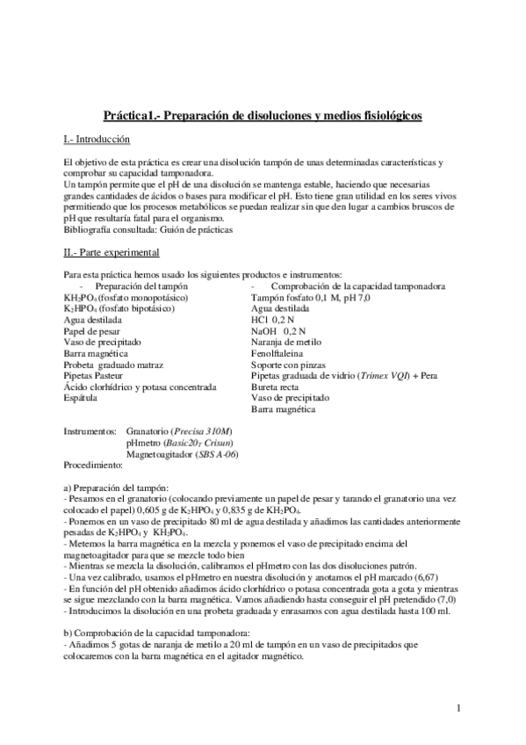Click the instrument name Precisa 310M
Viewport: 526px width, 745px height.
tap(204, 432)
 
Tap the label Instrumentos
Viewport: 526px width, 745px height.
tap(91, 432)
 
